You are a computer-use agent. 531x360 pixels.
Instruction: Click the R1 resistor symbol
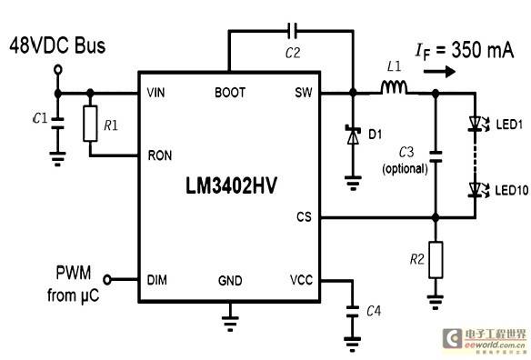90,124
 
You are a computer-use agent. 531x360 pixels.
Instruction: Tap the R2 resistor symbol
436,260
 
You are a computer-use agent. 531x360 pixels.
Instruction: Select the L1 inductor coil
394,87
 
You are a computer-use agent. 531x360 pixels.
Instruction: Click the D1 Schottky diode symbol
353,135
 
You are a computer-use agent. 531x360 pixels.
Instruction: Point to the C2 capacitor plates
292,31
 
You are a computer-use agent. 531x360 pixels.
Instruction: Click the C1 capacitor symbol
58,124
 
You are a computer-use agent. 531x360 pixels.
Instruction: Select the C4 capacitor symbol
353,312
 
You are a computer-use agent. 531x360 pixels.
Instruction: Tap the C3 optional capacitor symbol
436,156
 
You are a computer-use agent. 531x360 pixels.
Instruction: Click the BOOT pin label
230,93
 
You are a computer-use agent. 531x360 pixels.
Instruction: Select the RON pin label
160,155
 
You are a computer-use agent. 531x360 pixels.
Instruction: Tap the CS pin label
304,216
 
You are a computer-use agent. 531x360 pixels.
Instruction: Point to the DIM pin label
157,280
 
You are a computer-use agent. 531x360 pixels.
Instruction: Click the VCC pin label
301,280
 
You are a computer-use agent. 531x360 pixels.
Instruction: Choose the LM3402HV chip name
231,185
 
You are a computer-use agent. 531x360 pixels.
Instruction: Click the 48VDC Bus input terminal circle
58,70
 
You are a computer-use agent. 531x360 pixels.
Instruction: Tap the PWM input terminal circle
107,280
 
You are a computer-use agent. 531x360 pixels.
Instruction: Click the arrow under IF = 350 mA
439,72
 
